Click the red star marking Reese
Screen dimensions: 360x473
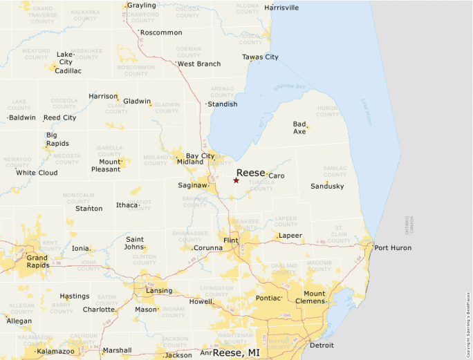[x=236, y=180]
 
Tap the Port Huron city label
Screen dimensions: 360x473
[x=392, y=248]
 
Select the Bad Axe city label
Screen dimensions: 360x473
[x=299, y=128]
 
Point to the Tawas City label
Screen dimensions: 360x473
[x=260, y=57]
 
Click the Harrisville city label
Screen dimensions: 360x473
[x=281, y=8]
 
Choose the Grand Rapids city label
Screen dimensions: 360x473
[x=37, y=261]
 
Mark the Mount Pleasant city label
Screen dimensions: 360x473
[x=105, y=165]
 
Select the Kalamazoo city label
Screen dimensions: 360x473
[x=55, y=352]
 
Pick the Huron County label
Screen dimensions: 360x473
[x=328, y=111]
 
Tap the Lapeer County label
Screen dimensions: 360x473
[x=286, y=221]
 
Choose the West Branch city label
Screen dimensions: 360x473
[x=199, y=64]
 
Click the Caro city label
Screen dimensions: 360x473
[x=276, y=176]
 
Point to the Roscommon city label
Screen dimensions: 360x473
[x=161, y=32]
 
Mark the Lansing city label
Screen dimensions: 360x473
[x=159, y=291]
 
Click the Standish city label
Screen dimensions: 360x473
[x=223, y=104]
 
